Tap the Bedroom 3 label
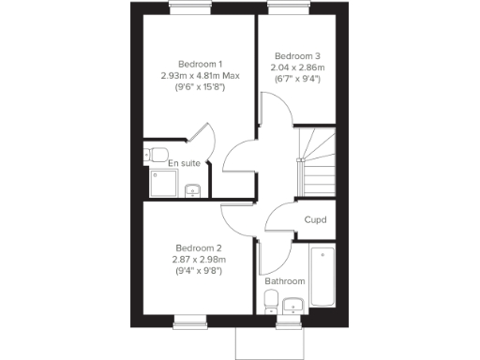coord(296,55)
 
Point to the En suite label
coord(184,163)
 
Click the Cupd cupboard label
coord(315,220)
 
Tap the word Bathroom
coord(284,280)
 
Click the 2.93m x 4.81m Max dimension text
coord(198,76)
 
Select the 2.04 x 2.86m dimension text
coord(296,67)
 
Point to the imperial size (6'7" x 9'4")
coord(296,80)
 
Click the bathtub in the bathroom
coord(322,276)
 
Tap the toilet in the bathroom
coord(271,301)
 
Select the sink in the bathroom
coord(292,304)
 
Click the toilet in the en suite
coord(158,154)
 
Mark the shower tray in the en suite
coord(160,184)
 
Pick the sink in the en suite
coord(193,190)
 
